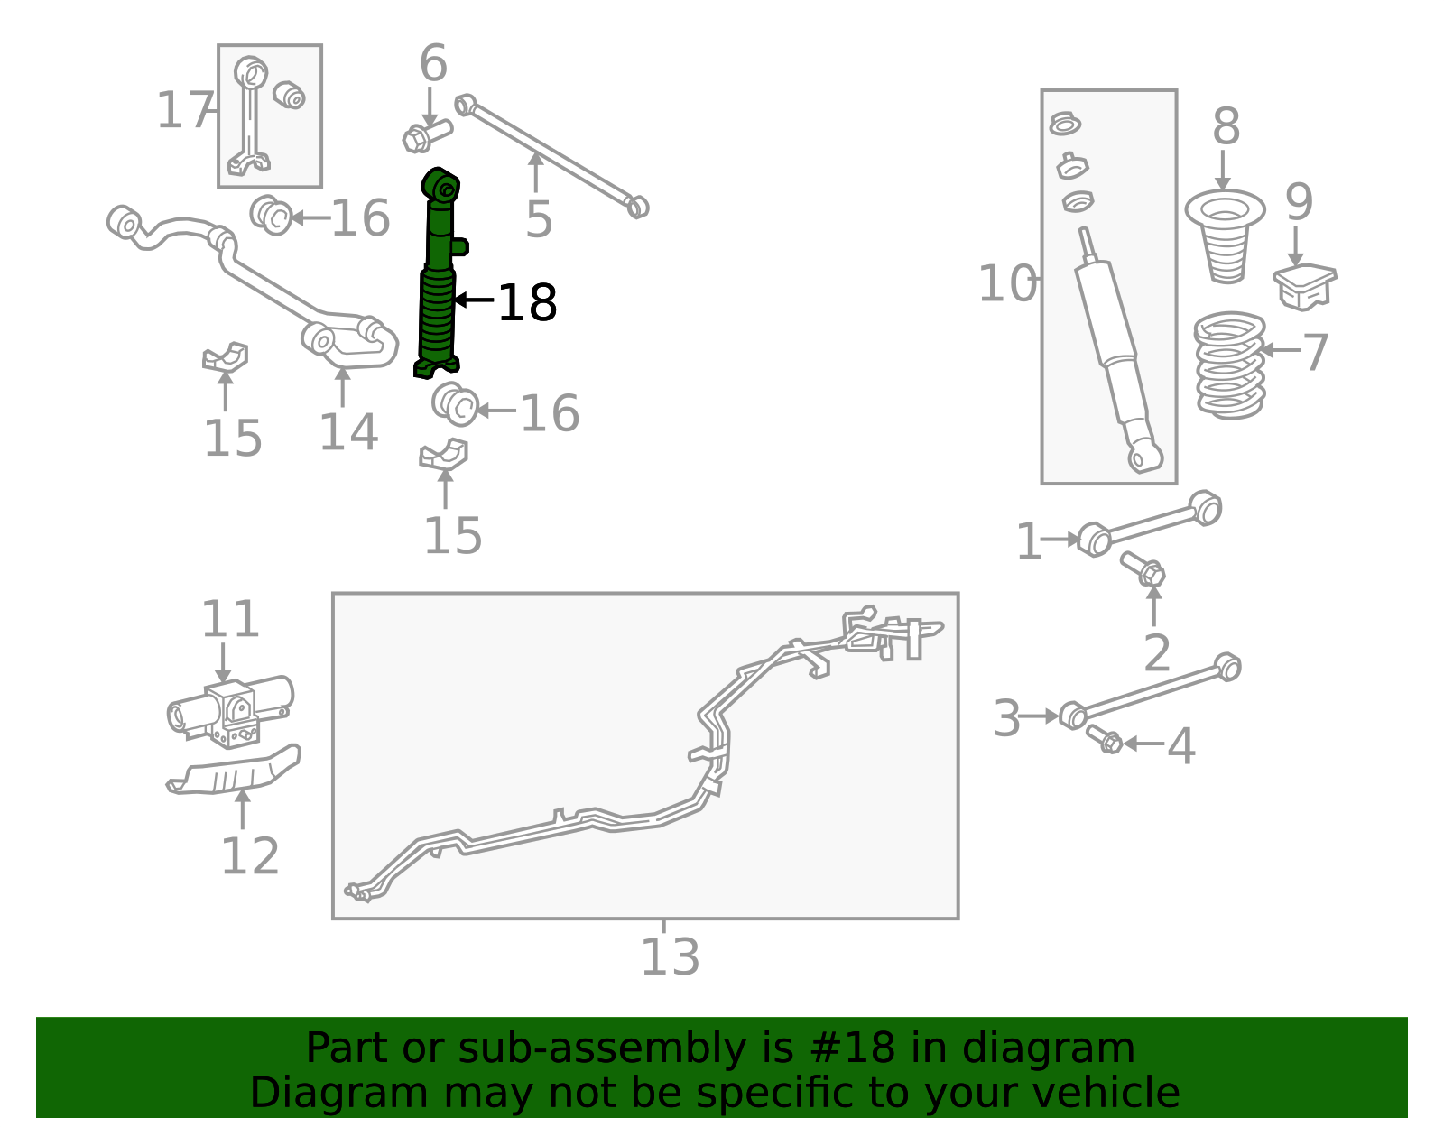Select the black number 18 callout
click(x=527, y=303)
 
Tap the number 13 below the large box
click(x=670, y=957)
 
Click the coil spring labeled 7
click(x=1229, y=365)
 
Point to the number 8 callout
click(x=1226, y=126)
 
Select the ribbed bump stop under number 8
click(x=1225, y=236)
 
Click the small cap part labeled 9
click(x=1304, y=286)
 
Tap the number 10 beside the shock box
click(x=1007, y=283)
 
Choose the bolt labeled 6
click(x=427, y=135)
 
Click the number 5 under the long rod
click(x=538, y=220)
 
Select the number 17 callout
click(x=185, y=110)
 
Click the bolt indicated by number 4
click(x=1104, y=739)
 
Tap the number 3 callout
click(x=1006, y=718)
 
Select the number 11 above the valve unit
click(x=230, y=619)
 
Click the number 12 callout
click(x=250, y=856)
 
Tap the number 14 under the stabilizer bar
click(x=349, y=432)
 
